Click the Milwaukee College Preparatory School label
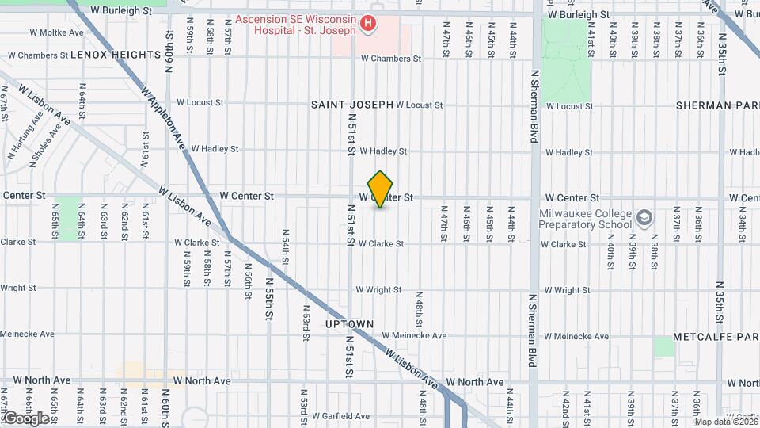pos(586,219)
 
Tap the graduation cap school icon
pos(644,216)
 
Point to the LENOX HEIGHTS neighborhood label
pos(116,55)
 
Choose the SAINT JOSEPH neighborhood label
pos(351,105)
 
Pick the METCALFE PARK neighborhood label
pos(716,337)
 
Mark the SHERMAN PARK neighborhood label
pos(717,105)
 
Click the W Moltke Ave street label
pos(55,32)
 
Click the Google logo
pos(26,418)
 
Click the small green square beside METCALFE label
pos(664,346)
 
